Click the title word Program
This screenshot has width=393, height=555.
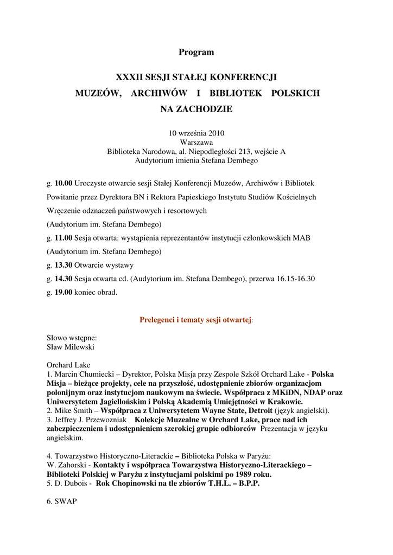coord(196,53)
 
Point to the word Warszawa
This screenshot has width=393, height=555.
coord(196,143)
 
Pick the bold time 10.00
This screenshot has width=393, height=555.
coord(64,183)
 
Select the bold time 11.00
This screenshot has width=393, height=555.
coord(64,238)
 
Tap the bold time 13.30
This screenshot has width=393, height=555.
coord(64,265)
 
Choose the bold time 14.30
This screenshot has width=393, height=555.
coord(64,279)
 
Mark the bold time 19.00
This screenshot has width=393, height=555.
coord(64,293)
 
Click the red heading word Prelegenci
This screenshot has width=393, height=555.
coord(156,320)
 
